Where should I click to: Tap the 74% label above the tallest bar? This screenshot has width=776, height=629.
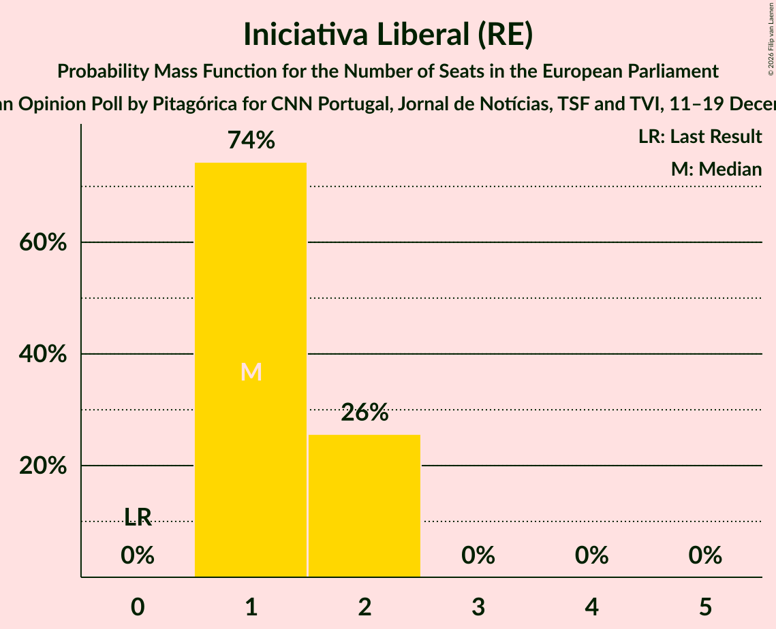pyautogui.click(x=251, y=140)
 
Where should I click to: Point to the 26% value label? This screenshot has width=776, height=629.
pyautogui.click(x=364, y=413)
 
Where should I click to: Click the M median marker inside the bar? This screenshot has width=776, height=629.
pyautogui.click(x=251, y=372)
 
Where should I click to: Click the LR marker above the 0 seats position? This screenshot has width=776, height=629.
pyautogui.click(x=138, y=517)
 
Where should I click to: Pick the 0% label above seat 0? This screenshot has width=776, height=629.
pyautogui.click(x=138, y=555)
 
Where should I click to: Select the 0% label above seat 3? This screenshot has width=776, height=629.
pyautogui.click(x=478, y=555)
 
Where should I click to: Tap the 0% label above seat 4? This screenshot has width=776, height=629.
pyautogui.click(x=591, y=555)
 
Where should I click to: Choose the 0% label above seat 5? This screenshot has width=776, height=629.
pyautogui.click(x=705, y=555)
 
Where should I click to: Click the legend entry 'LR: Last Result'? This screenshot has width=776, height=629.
pyautogui.click(x=700, y=137)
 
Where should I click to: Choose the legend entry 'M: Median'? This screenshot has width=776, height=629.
pyautogui.click(x=716, y=169)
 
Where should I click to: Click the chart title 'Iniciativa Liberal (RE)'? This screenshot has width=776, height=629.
pyautogui.click(x=388, y=35)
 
